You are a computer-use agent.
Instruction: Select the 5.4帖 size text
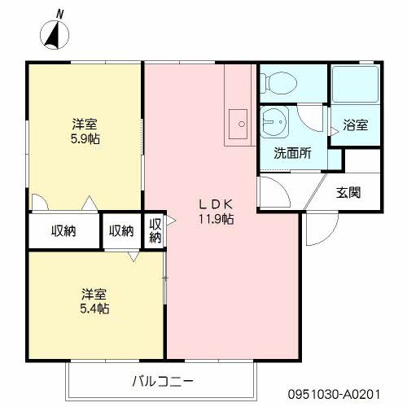tap(94, 309)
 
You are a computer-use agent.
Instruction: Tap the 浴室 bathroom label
tap(355, 125)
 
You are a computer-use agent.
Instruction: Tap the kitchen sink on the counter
tap(239, 124)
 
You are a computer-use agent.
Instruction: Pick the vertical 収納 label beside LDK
tap(155, 230)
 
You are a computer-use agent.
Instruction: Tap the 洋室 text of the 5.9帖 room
tap(85, 124)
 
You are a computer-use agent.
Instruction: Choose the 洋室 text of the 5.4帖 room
tap(94, 294)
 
